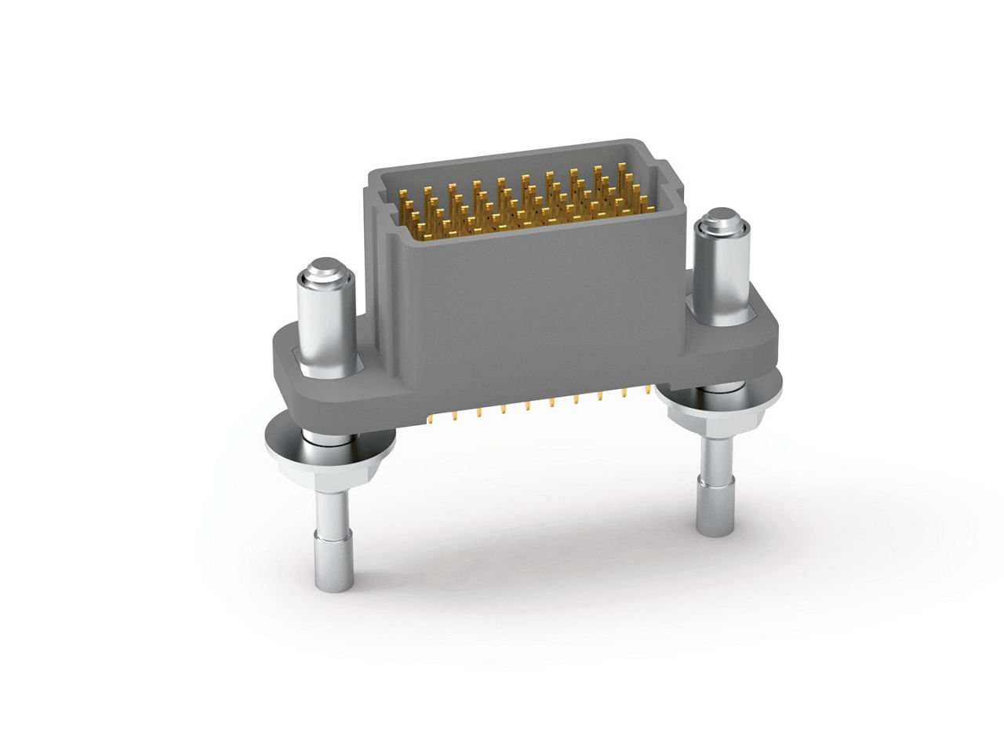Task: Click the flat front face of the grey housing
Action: [x=533, y=314]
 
